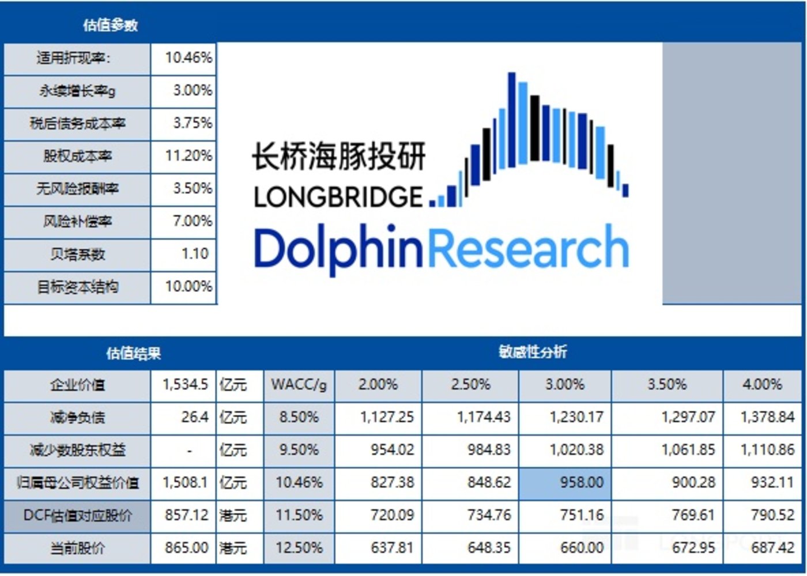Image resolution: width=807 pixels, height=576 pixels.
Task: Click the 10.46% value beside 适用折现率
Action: (x=188, y=58)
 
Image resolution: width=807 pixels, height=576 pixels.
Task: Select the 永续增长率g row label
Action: (x=77, y=91)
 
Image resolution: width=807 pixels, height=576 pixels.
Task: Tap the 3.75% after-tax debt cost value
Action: (x=193, y=123)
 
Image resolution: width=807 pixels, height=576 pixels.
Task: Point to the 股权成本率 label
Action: (x=77, y=156)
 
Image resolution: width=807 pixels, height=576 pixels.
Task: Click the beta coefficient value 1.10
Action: (x=195, y=254)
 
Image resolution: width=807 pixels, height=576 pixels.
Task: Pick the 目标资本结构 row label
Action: (x=77, y=287)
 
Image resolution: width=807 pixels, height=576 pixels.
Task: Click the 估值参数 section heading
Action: (x=110, y=25)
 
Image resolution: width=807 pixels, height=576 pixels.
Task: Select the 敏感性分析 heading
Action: (x=533, y=352)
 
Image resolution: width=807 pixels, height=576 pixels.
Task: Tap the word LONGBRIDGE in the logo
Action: (x=338, y=197)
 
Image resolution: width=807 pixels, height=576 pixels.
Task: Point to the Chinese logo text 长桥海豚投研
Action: (x=338, y=156)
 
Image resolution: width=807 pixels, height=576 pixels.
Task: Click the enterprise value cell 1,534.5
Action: (x=185, y=385)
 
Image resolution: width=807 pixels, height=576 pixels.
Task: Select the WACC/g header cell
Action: (x=299, y=385)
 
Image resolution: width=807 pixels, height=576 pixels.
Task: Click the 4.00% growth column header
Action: (x=762, y=385)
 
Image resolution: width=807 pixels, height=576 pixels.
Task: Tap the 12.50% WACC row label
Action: (x=299, y=547)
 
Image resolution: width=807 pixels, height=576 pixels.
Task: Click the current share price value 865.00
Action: (x=186, y=547)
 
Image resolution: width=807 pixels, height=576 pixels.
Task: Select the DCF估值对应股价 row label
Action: (x=77, y=516)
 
